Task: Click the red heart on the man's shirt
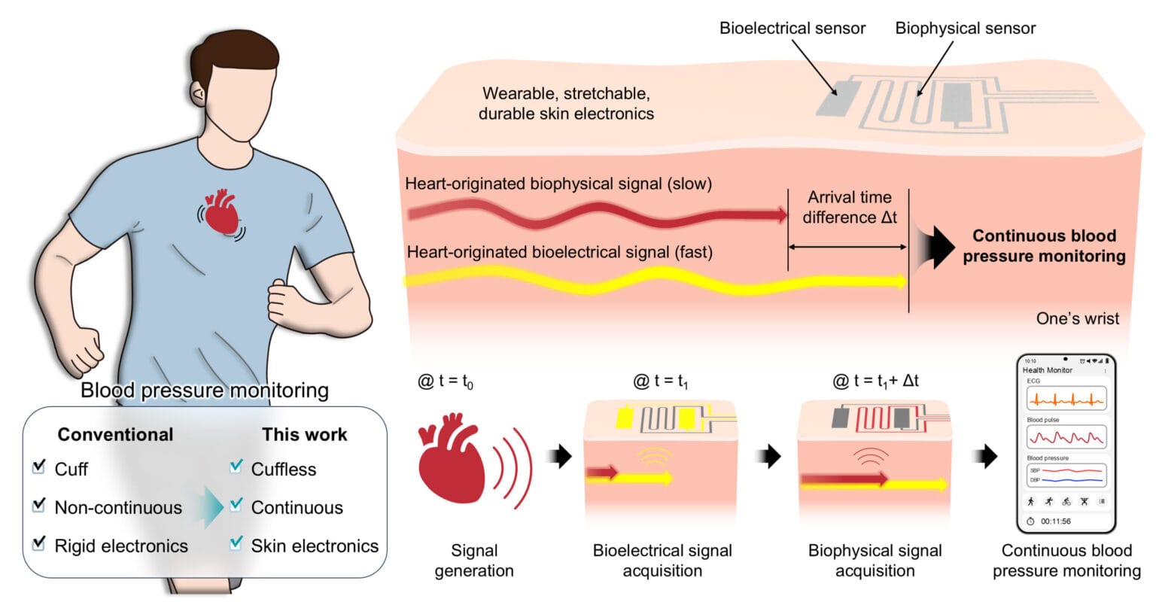click(x=222, y=212)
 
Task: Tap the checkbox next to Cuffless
click(x=236, y=467)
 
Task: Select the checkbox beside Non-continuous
click(x=39, y=506)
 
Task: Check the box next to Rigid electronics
click(x=39, y=544)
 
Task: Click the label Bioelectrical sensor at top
click(x=792, y=29)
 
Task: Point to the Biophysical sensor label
click(x=965, y=29)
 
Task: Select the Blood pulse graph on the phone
click(x=1066, y=436)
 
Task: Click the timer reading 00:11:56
click(x=1055, y=521)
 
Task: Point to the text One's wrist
click(x=1077, y=318)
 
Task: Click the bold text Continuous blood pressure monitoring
click(x=1044, y=246)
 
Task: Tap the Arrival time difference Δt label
click(x=849, y=208)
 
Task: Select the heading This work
click(x=304, y=434)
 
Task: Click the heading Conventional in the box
click(x=115, y=434)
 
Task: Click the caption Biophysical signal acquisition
click(x=875, y=561)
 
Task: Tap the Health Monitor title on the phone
click(x=1047, y=370)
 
